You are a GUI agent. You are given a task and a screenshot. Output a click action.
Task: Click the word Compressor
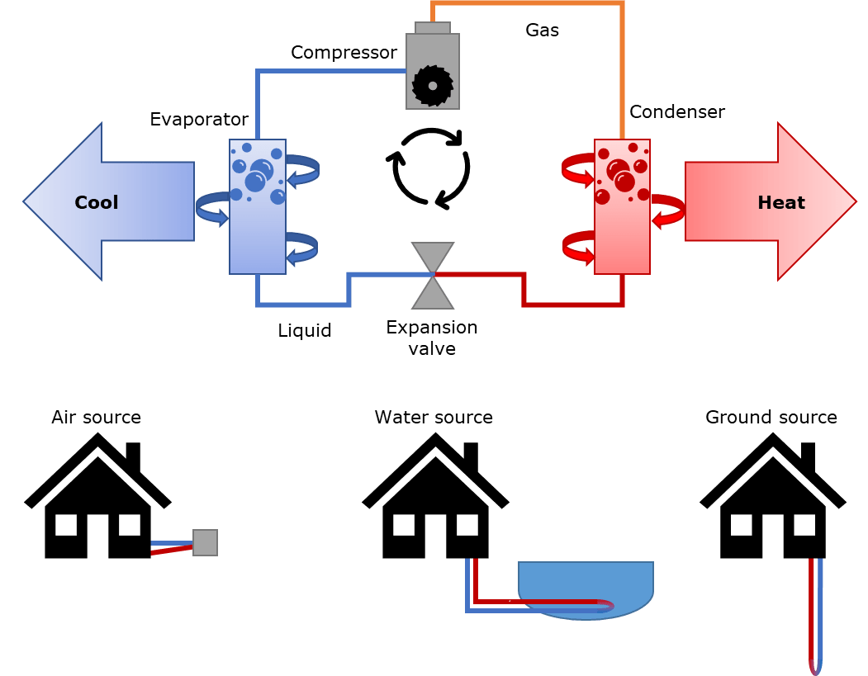pos(344,53)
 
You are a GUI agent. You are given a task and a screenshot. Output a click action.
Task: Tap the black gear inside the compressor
pos(429,83)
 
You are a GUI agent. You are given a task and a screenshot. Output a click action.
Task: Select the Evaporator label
pos(199,120)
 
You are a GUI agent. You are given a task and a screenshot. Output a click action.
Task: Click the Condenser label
pos(676,111)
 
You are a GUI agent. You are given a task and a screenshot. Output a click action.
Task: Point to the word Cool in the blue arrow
pos(97,202)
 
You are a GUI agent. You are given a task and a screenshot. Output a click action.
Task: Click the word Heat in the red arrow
pos(780,202)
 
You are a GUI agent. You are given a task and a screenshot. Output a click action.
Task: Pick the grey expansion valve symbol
pos(433,276)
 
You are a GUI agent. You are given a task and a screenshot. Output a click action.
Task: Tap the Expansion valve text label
pos(432,338)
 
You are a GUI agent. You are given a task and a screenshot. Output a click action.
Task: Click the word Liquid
pos(304,331)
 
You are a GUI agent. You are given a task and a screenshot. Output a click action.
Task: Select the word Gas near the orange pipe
pos(542,31)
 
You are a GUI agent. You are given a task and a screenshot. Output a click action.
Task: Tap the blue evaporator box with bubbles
pos(257,206)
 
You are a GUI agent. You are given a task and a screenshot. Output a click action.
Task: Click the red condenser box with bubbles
pos(622,206)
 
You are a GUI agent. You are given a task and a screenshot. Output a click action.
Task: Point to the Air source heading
pos(96,417)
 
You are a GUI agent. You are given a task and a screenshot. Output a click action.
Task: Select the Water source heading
pos(433,417)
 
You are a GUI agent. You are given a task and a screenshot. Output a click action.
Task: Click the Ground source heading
pos(771,417)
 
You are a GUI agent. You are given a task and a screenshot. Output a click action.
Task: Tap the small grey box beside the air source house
pos(205,541)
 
